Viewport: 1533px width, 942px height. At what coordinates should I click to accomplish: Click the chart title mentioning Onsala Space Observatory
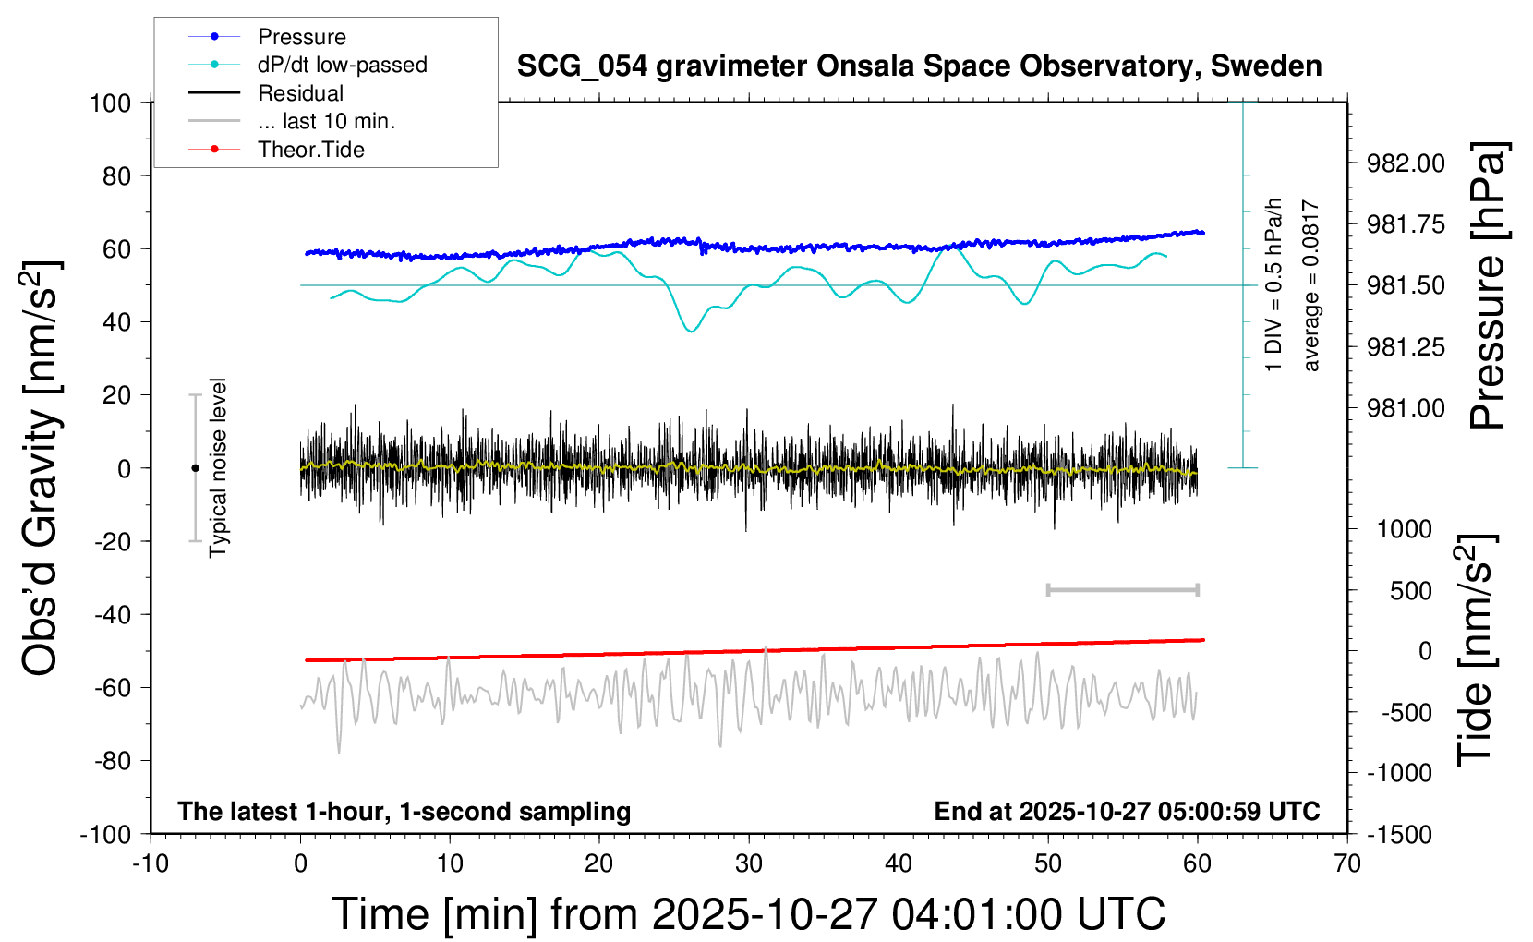[x=919, y=66]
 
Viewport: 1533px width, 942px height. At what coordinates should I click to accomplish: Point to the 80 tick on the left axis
[x=116, y=175]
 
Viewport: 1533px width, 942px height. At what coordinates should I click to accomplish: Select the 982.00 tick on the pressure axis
[x=1406, y=163]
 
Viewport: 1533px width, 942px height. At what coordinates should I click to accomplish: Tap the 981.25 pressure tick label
[x=1406, y=347]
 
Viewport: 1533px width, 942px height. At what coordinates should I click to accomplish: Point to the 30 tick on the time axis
[x=749, y=864]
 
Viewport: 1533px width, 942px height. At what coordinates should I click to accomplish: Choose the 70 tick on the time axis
[x=1347, y=864]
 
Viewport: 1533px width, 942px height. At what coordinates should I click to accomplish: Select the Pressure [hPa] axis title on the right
[x=1488, y=286]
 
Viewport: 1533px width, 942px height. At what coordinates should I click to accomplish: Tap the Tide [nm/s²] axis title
[x=1475, y=650]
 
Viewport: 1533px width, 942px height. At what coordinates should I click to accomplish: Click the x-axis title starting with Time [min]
[x=749, y=914]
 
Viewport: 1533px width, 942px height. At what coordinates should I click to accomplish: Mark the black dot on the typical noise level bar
[x=195, y=468]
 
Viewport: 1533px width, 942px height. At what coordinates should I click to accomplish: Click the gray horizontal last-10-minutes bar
[x=1122, y=589]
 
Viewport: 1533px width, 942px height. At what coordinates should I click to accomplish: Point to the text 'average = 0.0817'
[x=1311, y=286]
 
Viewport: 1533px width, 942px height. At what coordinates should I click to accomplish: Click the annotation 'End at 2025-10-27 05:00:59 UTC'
[x=1127, y=812]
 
